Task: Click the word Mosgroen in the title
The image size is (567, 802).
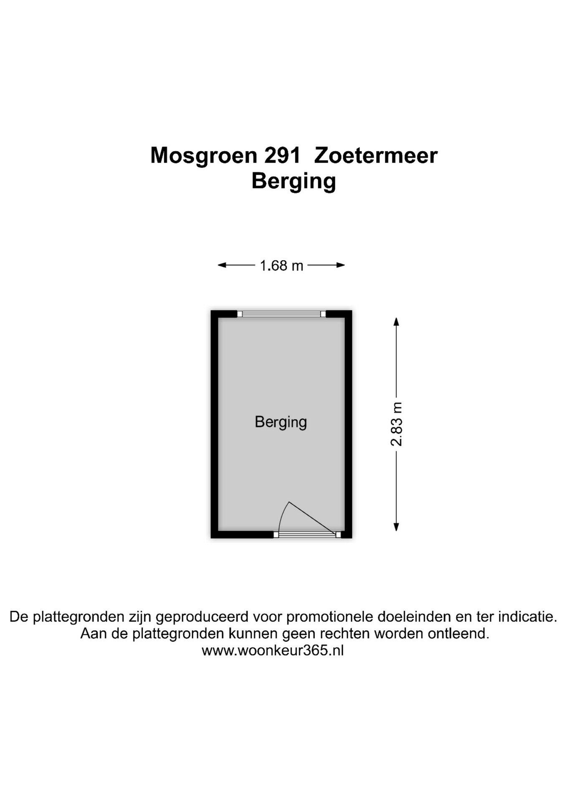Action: (x=203, y=156)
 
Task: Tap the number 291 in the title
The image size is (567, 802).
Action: (x=282, y=155)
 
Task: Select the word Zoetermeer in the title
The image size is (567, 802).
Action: (x=376, y=155)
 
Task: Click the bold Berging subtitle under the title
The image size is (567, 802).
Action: (x=294, y=182)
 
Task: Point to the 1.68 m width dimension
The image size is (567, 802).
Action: (x=281, y=265)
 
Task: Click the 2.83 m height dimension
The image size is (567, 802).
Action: (x=397, y=424)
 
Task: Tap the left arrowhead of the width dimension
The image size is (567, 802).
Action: (x=222, y=265)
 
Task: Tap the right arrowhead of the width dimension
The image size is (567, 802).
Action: (x=341, y=265)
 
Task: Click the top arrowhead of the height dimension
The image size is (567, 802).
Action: (x=396, y=322)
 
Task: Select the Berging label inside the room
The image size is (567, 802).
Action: (x=281, y=422)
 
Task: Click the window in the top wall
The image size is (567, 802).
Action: (x=281, y=314)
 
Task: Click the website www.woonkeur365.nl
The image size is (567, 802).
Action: (x=273, y=650)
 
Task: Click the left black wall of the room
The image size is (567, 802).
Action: (x=215, y=424)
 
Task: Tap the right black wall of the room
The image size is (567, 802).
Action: (x=348, y=424)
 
